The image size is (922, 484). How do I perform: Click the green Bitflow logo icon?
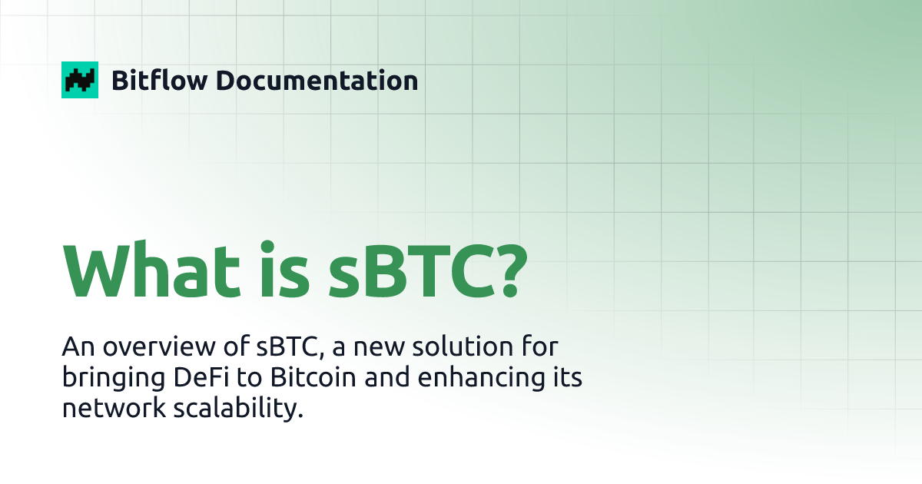(80, 80)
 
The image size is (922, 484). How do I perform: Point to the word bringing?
(105, 380)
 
